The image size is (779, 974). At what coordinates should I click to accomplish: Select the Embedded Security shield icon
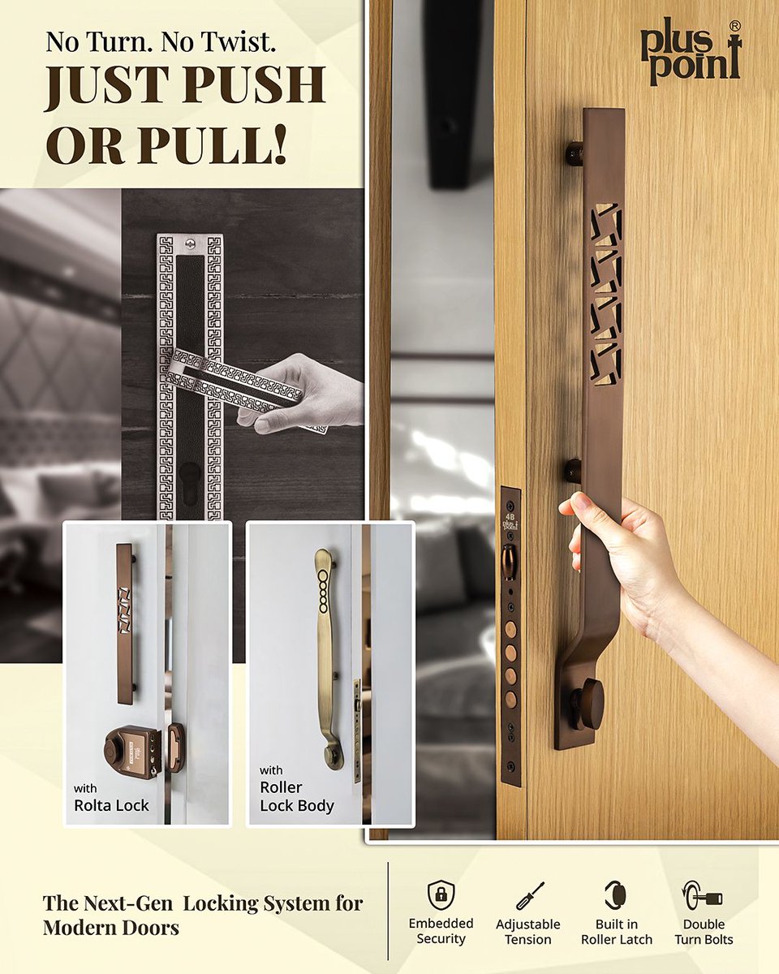pos(441,894)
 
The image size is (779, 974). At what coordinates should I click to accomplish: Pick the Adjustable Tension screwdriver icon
pos(529,895)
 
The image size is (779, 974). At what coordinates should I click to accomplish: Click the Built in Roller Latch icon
pos(616,894)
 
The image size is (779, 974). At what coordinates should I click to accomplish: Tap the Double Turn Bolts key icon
pos(703,896)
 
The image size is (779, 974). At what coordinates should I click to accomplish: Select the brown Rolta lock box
pos(131,751)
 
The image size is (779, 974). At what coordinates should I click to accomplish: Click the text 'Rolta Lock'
pos(111,805)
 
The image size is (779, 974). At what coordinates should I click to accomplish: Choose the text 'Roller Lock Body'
pos(296,796)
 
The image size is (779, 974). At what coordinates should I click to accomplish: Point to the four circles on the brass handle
pos(323,584)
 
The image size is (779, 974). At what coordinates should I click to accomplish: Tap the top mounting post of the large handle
pos(575,153)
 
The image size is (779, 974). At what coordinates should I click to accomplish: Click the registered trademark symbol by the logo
pos(734,27)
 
